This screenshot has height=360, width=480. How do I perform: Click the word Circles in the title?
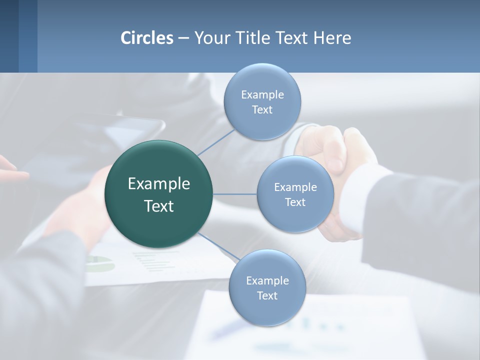(x=147, y=38)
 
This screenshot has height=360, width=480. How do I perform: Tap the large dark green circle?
(x=159, y=194)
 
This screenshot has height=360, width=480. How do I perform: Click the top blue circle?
(x=262, y=102)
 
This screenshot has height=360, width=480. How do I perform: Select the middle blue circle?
(x=295, y=194)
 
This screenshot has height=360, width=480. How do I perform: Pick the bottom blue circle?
(x=267, y=288)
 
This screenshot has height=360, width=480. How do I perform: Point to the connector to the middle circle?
(x=235, y=194)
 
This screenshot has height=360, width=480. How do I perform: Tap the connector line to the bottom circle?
(x=219, y=247)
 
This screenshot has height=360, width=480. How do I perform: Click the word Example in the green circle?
(x=159, y=184)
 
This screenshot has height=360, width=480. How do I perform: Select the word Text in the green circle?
(x=159, y=206)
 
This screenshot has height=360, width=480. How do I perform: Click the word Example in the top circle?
(x=262, y=94)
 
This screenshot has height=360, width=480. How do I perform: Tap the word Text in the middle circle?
(x=295, y=202)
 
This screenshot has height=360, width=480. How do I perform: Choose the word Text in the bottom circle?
(x=267, y=295)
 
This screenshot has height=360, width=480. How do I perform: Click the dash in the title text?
(x=183, y=38)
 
